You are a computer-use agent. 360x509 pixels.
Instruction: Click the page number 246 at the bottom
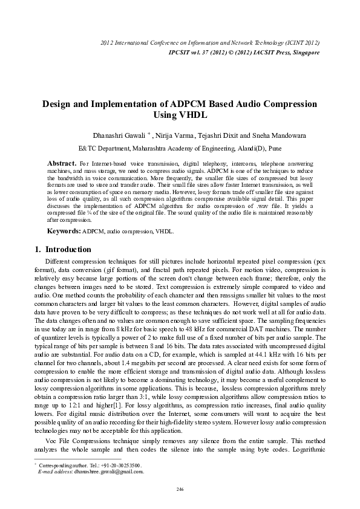click(x=180, y=488)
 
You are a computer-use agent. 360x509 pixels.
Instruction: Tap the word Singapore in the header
click(x=301, y=53)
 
